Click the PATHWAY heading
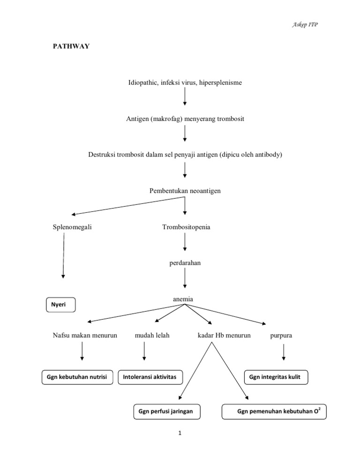[71, 47]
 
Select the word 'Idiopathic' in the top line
[143, 83]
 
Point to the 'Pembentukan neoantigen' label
[185, 191]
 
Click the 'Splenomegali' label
[73, 227]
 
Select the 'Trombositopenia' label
[186, 227]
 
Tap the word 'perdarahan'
[185, 263]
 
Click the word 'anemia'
[183, 299]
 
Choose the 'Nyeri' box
[60, 305]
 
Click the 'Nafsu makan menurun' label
[85, 335]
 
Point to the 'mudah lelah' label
[152, 335]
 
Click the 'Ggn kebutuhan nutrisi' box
[77, 376]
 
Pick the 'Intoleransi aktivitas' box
[150, 376]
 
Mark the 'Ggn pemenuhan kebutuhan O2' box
[274, 411]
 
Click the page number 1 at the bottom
[180, 433]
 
